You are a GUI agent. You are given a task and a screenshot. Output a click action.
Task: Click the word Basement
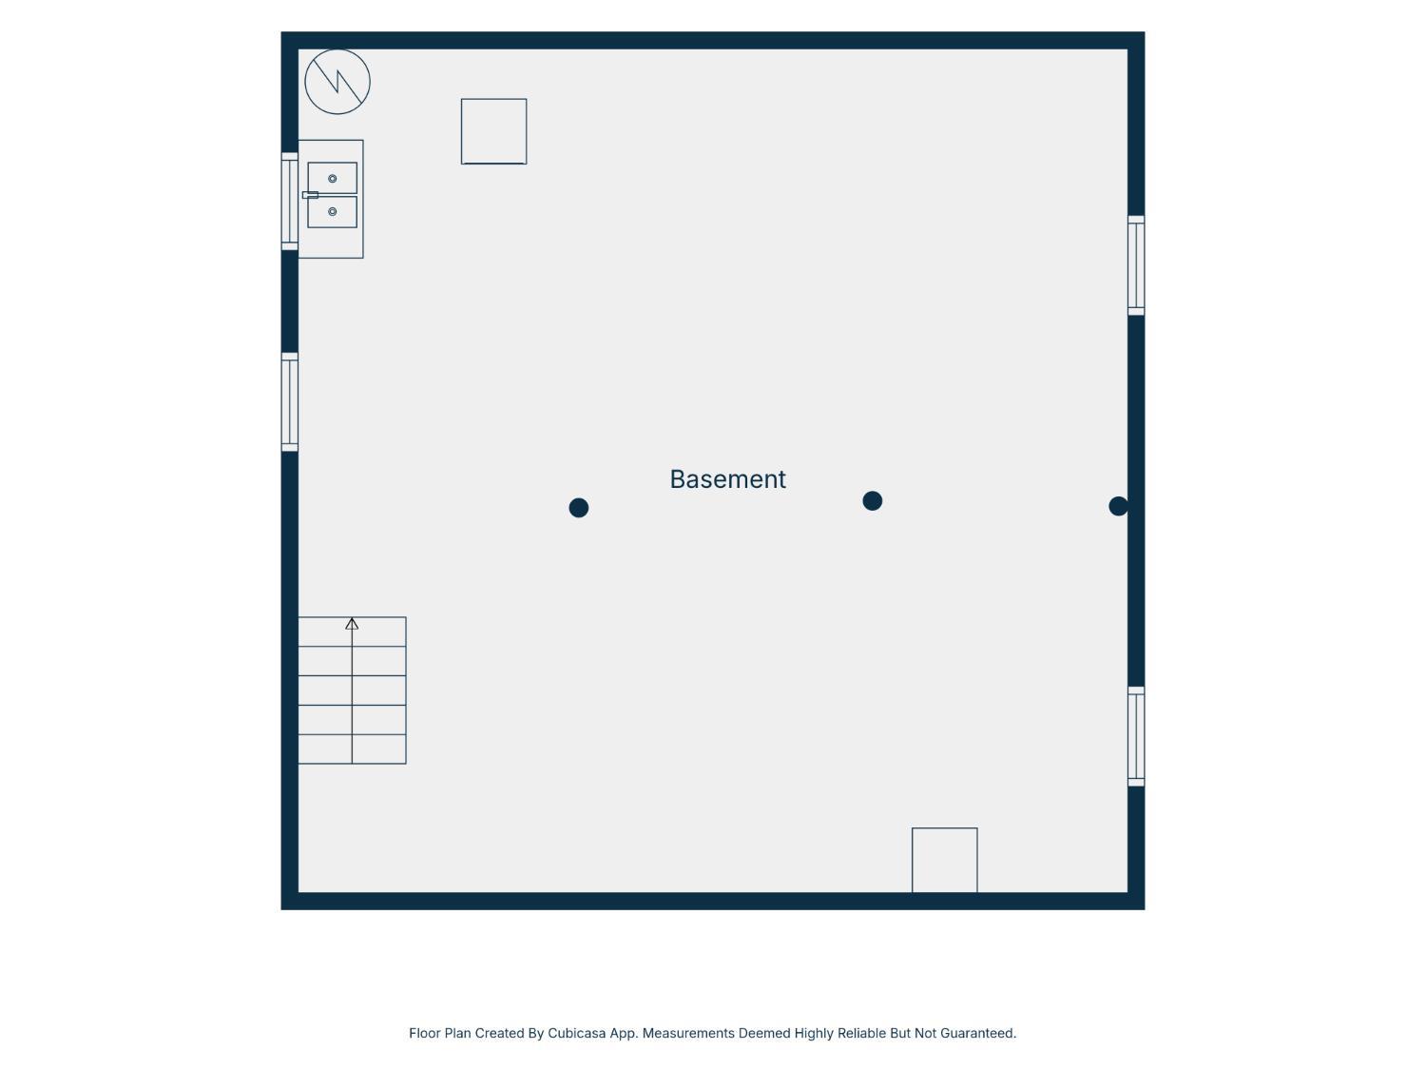click(x=727, y=479)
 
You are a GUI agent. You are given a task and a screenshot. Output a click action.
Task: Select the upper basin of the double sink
click(x=332, y=178)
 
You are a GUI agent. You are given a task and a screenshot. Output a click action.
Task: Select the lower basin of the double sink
click(x=332, y=212)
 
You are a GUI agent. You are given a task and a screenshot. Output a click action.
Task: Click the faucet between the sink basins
click(x=310, y=195)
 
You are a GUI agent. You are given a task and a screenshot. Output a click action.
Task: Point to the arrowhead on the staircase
click(x=352, y=624)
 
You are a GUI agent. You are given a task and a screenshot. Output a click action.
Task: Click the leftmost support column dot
click(x=578, y=508)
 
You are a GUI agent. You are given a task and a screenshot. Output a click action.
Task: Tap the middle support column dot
click(x=872, y=501)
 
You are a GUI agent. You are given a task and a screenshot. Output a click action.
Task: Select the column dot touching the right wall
click(x=1118, y=506)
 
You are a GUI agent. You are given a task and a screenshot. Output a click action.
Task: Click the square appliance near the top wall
click(x=493, y=131)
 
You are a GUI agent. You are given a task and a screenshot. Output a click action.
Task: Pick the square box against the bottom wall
click(x=945, y=860)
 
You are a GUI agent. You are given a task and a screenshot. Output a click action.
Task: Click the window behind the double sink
click(x=290, y=202)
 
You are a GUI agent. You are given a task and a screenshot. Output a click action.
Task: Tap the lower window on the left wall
click(x=290, y=402)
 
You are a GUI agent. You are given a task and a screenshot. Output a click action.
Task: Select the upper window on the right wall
click(x=1136, y=265)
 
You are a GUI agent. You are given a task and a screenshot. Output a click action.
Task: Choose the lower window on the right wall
click(x=1136, y=736)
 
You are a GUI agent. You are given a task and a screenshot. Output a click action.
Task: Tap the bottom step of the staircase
click(x=352, y=749)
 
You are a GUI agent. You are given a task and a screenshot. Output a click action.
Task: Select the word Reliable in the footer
click(x=861, y=1033)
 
